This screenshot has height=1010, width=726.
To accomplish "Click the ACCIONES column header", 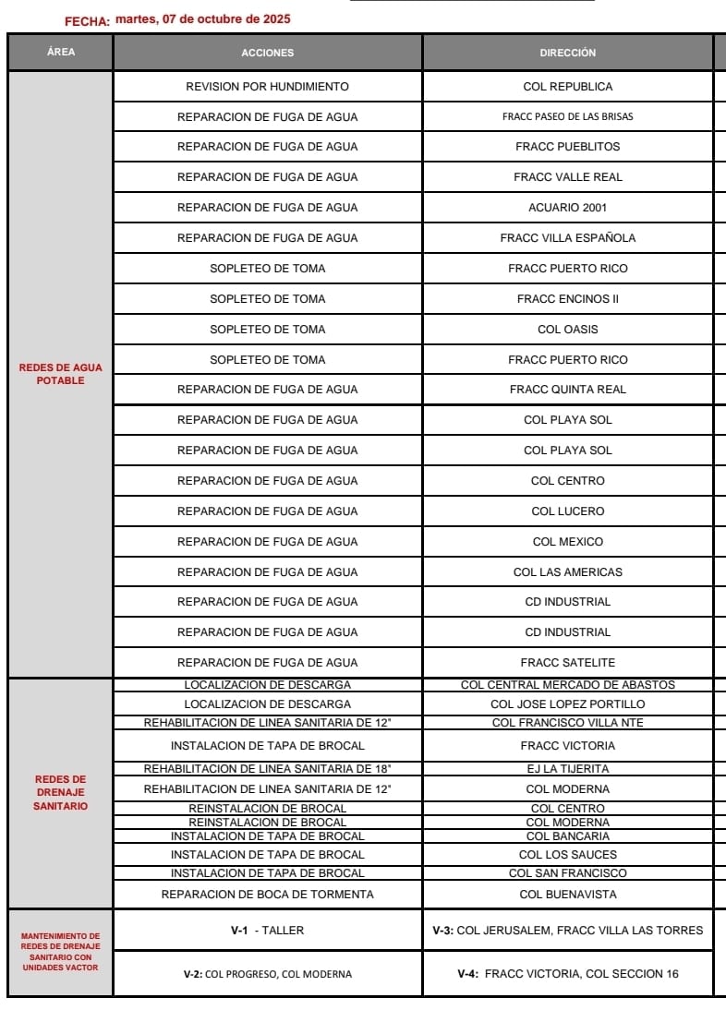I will point(267,53).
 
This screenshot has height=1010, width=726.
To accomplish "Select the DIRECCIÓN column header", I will point(567,53).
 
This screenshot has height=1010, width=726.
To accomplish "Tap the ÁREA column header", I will point(61,52).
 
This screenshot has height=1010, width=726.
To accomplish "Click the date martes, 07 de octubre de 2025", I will point(202,19).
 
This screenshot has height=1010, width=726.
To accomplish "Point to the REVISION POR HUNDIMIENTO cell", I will point(267,87).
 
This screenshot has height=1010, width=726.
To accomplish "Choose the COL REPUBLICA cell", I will point(567,87).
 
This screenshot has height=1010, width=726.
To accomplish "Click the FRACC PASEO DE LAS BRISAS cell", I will point(567,117).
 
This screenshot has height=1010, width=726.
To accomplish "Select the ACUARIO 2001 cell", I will point(567,208).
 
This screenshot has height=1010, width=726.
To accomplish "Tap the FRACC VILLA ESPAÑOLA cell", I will point(567,238).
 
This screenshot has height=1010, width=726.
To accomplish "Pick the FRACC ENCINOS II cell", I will point(567,299).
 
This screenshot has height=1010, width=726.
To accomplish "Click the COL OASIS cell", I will point(567,330).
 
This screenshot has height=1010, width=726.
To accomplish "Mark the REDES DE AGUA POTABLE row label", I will point(61,374).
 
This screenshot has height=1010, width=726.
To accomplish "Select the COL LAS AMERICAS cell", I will point(567,572).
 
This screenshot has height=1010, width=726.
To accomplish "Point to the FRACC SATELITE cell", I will point(567,663).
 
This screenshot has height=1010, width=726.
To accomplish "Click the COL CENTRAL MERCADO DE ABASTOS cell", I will point(567,685).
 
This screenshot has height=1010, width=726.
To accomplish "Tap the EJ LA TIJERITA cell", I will point(567,769).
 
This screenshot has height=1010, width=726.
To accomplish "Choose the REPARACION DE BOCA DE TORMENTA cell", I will point(267,895).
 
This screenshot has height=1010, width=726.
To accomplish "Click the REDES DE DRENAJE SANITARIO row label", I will point(61,793).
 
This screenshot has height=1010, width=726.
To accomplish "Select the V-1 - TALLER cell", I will point(267,931).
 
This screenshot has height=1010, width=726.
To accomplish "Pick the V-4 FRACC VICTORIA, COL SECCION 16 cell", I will point(567,974).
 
